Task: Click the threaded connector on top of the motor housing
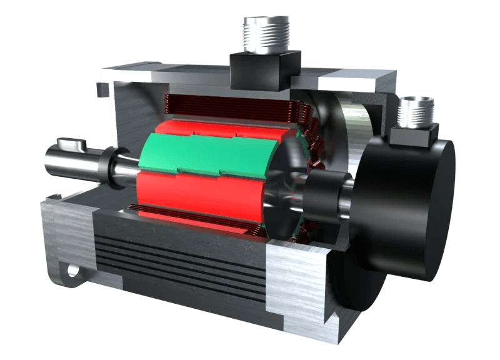tap(266, 34)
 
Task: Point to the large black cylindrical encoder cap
tap(406, 206)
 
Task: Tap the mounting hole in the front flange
tap(73, 271)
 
